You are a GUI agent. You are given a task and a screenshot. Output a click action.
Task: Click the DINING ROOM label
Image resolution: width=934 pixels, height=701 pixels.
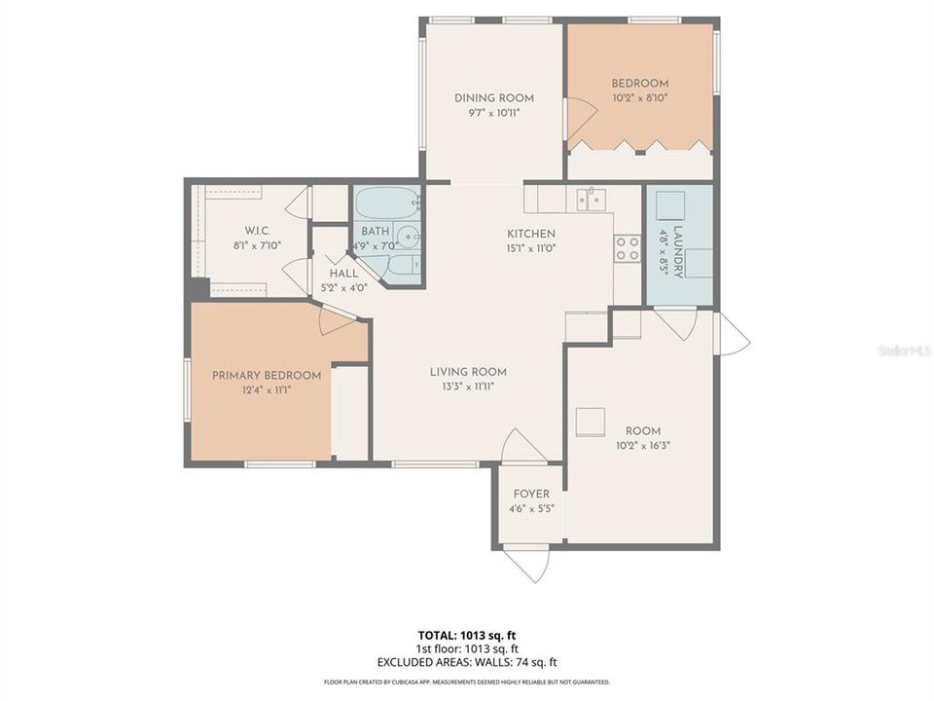click(x=494, y=97)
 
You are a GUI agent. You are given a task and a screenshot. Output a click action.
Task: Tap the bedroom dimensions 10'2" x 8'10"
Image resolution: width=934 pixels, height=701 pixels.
click(x=639, y=97)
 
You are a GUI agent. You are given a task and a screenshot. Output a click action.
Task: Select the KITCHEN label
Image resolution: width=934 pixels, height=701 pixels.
click(x=531, y=234)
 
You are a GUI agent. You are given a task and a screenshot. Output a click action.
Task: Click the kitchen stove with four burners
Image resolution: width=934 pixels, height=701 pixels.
click(x=628, y=249)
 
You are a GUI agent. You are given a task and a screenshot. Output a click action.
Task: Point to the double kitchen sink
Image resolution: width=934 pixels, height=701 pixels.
click(x=591, y=200)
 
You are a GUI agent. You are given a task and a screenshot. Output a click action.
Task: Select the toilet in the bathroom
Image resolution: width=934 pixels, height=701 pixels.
click(x=402, y=267)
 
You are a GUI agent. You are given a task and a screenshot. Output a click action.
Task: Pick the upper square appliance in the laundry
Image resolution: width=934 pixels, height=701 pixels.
click(x=670, y=206)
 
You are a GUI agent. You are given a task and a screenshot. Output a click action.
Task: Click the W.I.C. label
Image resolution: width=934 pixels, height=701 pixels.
click(x=257, y=230)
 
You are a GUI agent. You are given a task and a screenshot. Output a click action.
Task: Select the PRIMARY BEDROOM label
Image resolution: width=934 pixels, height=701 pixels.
click(x=267, y=376)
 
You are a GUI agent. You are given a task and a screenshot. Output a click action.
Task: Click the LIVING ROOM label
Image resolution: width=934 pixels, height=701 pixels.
click(x=469, y=372)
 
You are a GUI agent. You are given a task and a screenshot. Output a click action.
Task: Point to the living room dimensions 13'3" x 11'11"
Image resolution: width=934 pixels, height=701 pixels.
click(x=469, y=386)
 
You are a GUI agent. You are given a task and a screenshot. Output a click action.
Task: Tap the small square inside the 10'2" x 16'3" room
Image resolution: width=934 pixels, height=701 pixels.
click(x=588, y=420)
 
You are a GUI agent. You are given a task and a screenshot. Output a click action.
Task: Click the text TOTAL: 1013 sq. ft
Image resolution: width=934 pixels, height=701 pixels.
click(x=467, y=635)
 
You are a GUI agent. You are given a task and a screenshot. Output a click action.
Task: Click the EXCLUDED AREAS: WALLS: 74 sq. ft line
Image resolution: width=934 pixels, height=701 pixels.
click(x=467, y=662)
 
